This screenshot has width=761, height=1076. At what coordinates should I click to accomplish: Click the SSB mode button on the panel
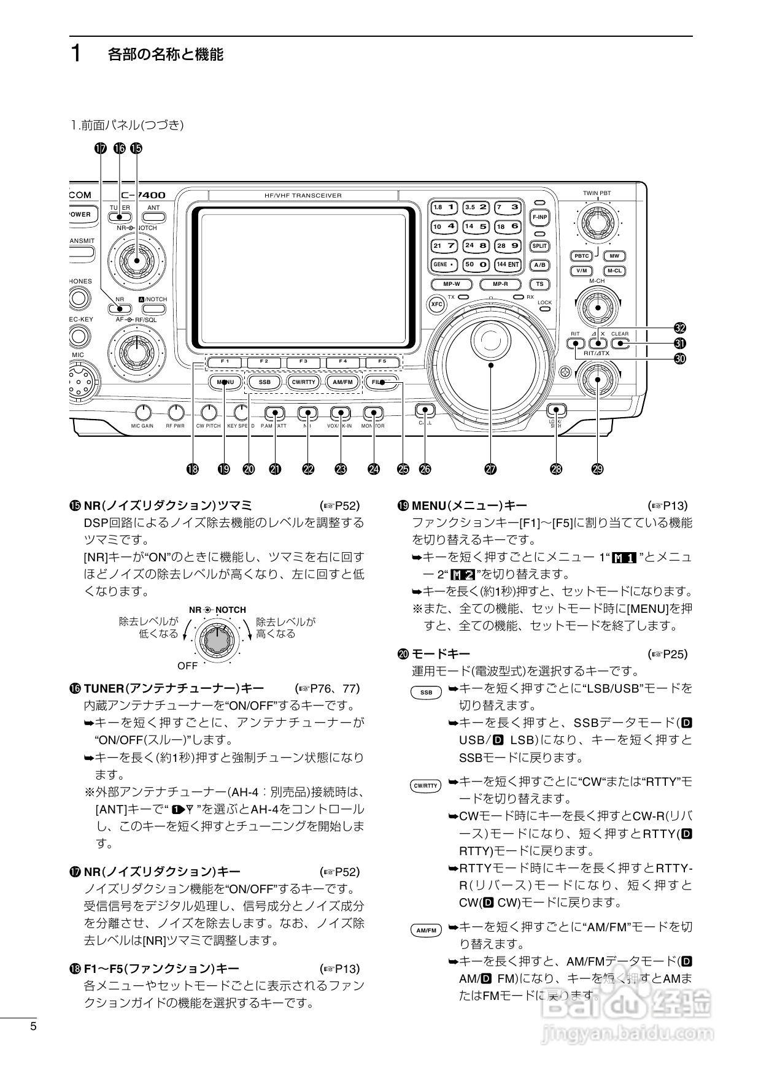[x=265, y=382]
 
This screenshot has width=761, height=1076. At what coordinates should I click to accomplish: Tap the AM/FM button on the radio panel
[x=342, y=382]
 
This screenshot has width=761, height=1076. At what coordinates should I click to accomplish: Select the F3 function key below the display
[x=304, y=361]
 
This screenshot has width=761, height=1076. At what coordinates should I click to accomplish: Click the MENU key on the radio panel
[x=225, y=382]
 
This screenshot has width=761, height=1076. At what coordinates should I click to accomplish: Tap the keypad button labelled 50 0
[x=476, y=264]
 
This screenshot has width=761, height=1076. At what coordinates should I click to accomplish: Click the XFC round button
[x=436, y=304]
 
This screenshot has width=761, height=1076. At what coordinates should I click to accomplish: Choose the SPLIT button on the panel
[x=539, y=245]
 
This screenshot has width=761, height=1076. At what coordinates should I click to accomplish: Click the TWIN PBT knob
[x=597, y=221]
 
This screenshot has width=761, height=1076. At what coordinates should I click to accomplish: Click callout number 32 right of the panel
[x=679, y=328]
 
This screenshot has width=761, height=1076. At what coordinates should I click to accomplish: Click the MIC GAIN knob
[x=142, y=412]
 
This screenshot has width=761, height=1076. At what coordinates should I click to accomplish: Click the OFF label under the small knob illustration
[x=188, y=665]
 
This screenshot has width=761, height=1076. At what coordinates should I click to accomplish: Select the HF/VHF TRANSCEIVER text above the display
[x=303, y=196]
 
